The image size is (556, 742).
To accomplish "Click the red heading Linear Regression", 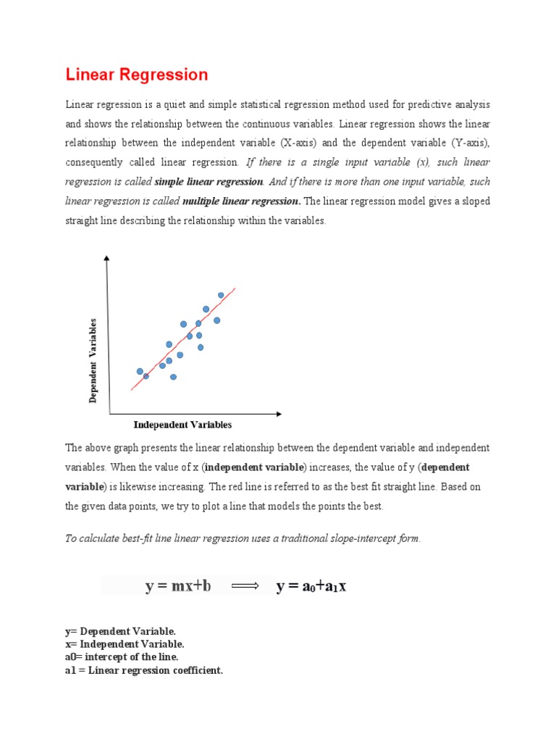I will [x=137, y=75].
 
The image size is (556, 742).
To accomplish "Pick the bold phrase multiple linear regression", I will [x=241, y=200].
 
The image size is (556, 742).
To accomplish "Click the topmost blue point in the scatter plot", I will [x=221, y=295].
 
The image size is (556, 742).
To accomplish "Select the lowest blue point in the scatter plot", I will [x=173, y=377].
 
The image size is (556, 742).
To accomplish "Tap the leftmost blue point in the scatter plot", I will [x=140, y=371].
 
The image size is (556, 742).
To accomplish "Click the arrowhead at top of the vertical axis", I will [x=107, y=257].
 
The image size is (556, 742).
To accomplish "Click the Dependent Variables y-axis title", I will [x=93, y=360].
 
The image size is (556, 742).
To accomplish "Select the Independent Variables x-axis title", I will [x=182, y=425].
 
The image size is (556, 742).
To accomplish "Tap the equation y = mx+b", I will [x=178, y=585].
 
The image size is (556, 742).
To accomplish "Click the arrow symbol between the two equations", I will [x=245, y=585].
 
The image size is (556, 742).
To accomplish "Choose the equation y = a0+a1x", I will [x=311, y=585].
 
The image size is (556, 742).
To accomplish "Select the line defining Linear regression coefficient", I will [x=144, y=670].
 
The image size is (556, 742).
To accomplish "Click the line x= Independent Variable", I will [x=125, y=643].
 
